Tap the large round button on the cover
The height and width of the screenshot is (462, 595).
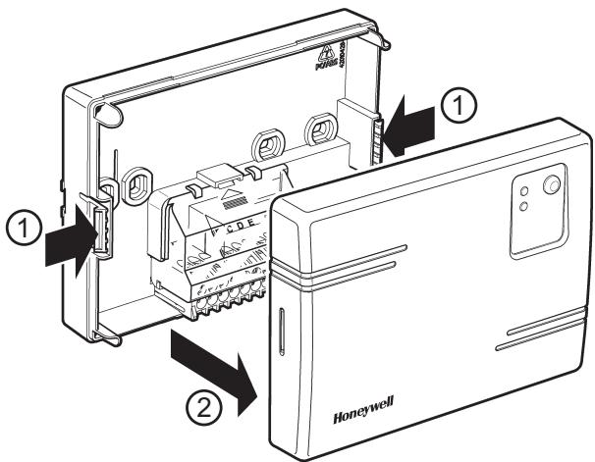coord(552,183)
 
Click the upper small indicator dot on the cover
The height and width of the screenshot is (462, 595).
coord(524,190)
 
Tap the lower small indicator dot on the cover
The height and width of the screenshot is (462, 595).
coord(524,206)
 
